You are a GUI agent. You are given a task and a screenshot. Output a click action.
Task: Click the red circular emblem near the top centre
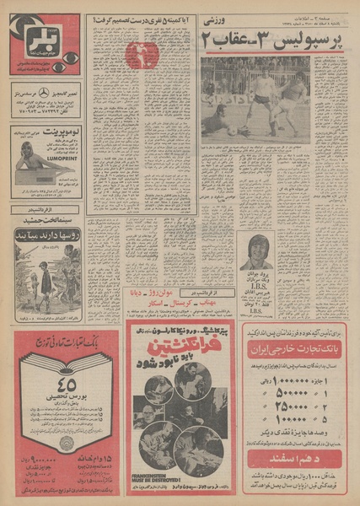point(142,56)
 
